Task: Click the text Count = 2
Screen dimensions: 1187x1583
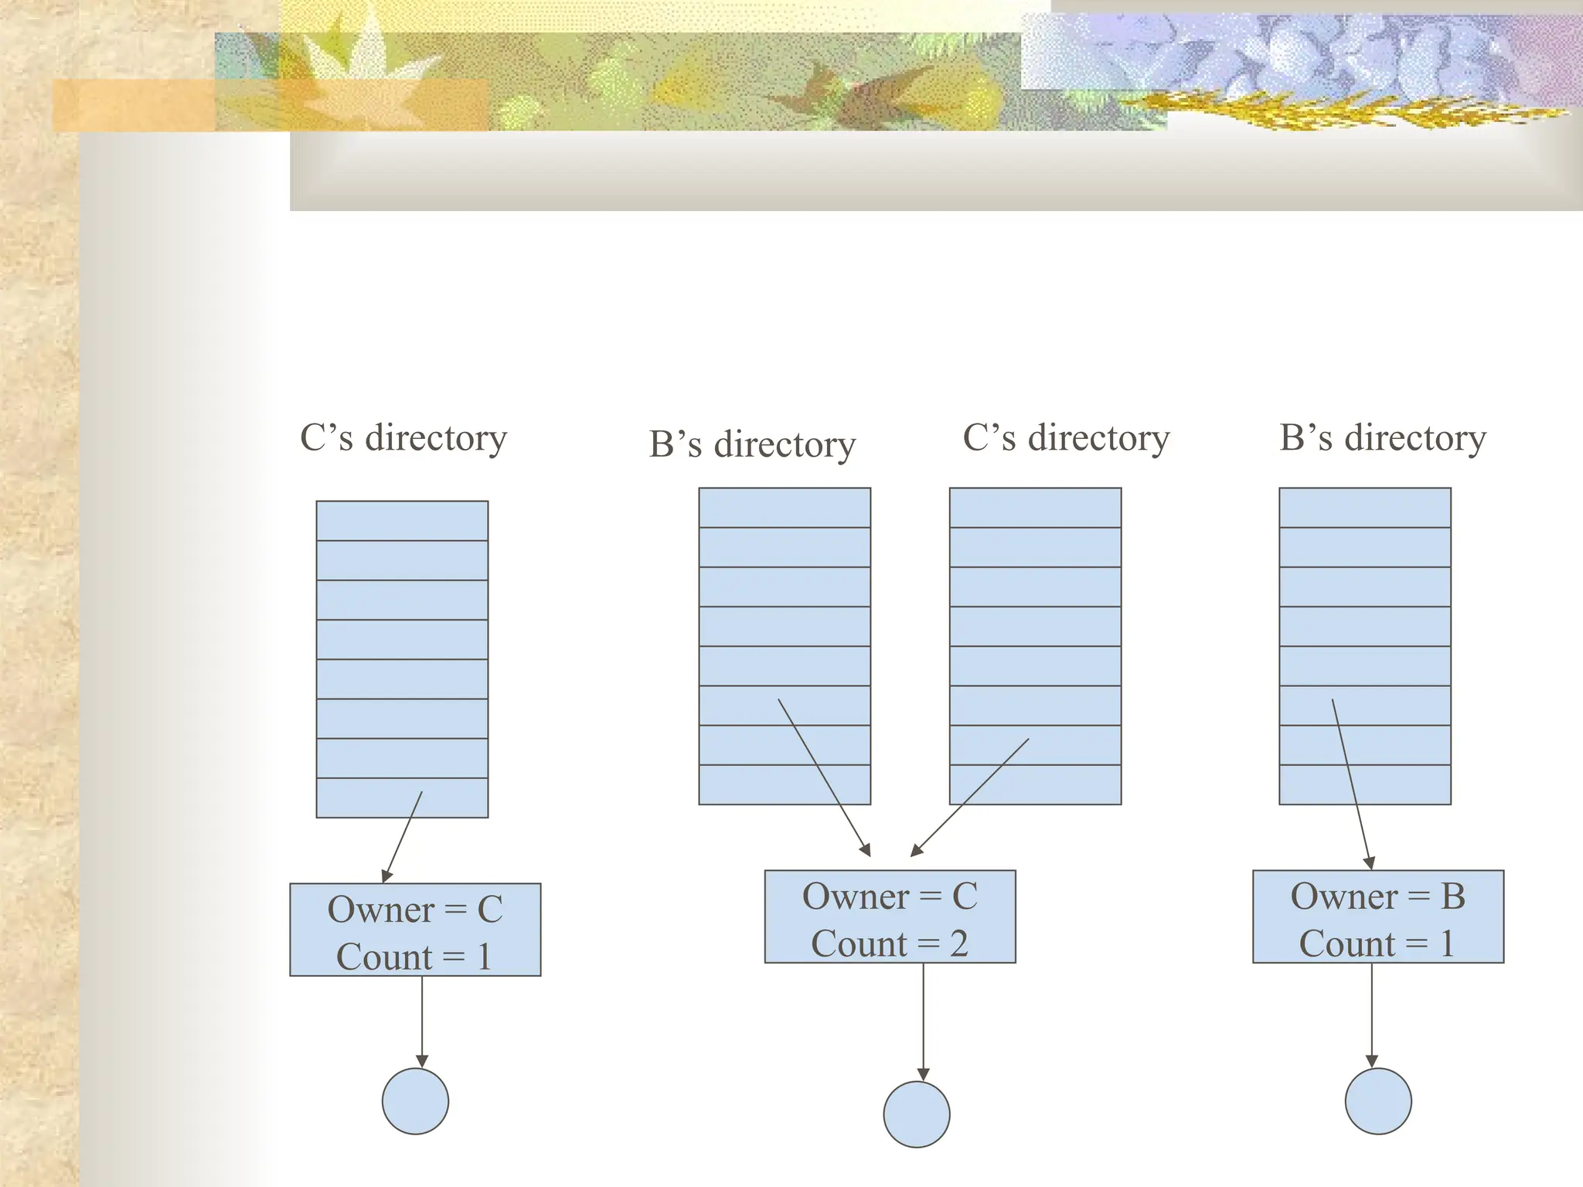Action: (x=889, y=944)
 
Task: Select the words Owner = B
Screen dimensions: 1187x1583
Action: (x=1377, y=896)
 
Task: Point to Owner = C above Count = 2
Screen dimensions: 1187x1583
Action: (x=890, y=896)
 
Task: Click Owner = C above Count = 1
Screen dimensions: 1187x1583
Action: (x=415, y=910)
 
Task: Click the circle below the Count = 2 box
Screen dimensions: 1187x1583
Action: (x=917, y=1114)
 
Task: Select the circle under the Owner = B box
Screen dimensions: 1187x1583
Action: (x=1378, y=1101)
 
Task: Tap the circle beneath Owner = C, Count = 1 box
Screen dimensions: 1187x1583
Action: (x=415, y=1101)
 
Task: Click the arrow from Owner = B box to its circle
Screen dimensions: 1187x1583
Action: (x=1372, y=1016)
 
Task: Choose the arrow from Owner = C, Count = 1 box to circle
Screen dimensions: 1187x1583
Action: (x=422, y=1022)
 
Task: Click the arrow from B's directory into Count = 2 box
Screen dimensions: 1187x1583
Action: (x=824, y=777)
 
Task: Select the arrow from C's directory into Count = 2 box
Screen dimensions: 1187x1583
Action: (x=970, y=797)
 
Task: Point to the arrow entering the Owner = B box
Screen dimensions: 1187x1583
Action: (x=1351, y=784)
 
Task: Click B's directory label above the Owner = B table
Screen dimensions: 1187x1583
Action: (x=1383, y=437)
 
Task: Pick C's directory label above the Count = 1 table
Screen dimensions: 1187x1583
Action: (x=403, y=437)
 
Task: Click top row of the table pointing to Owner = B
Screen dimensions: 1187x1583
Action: (x=1365, y=508)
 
